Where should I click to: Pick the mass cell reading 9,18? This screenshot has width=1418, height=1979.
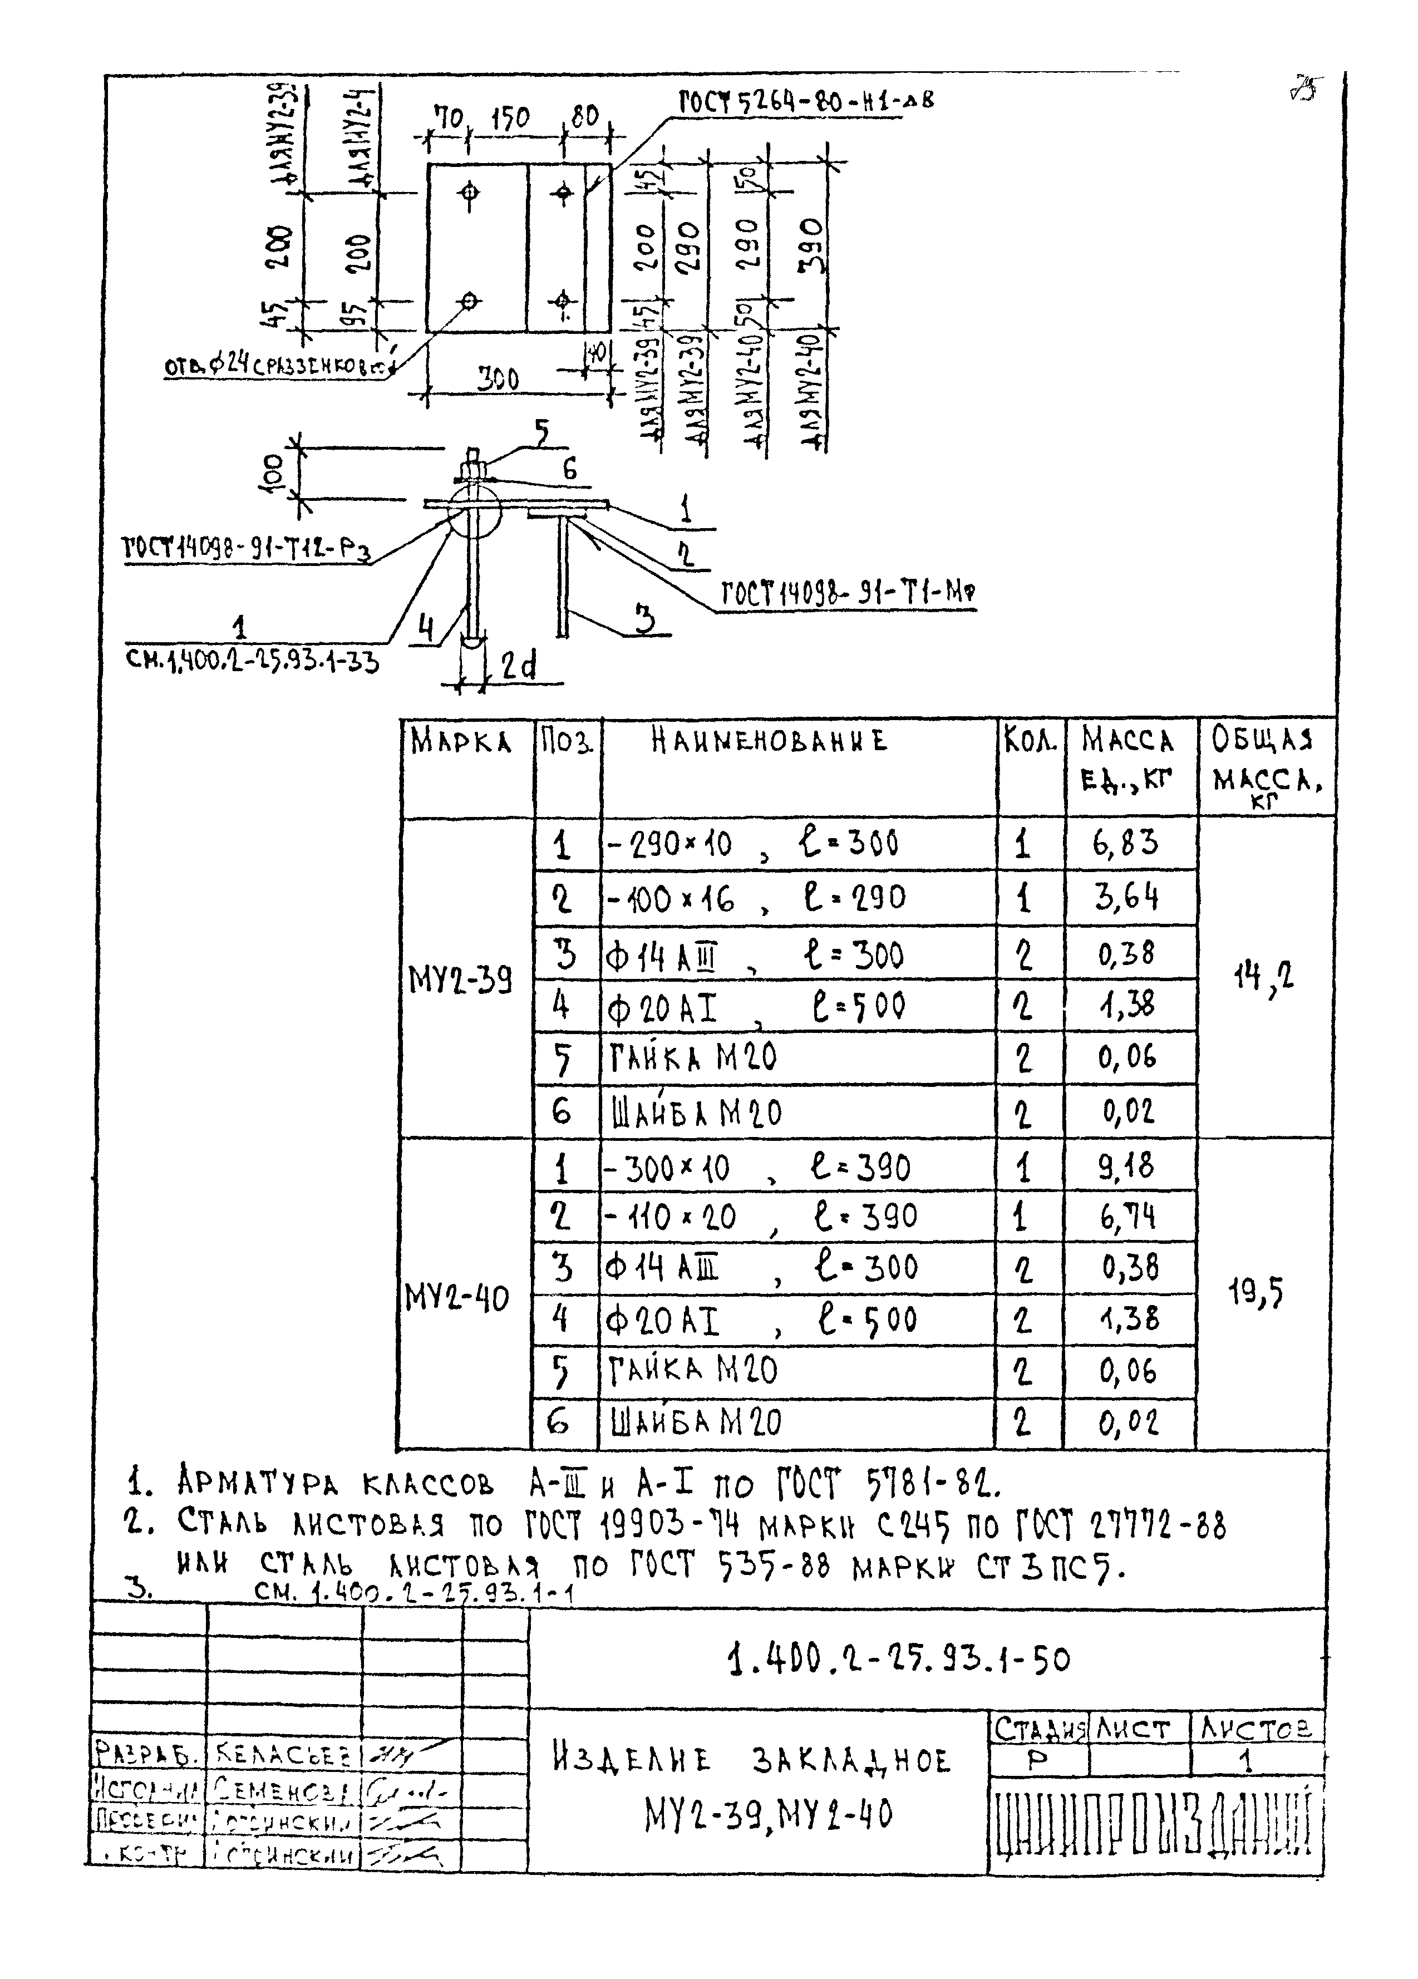pyautogui.click(x=1126, y=1166)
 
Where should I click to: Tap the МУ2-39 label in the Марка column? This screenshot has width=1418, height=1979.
pyautogui.click(x=460, y=981)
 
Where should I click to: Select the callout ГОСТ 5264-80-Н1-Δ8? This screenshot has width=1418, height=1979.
pyautogui.click(x=805, y=101)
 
